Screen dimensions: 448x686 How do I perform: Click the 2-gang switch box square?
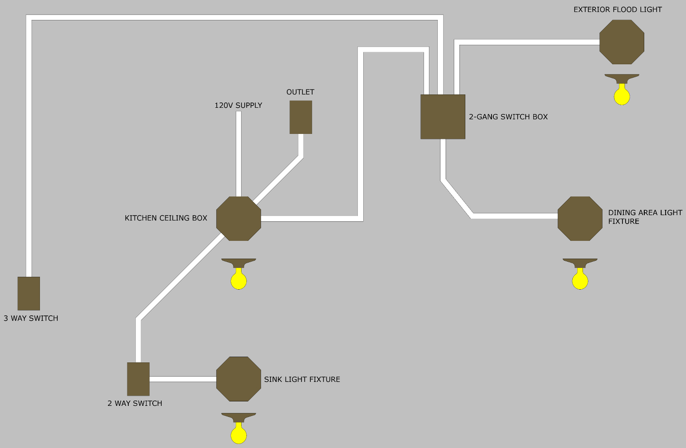tap(443, 117)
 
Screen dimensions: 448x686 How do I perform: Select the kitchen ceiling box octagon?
tap(238, 219)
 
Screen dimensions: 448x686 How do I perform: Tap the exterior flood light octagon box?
tap(622, 42)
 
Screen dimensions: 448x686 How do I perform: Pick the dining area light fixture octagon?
tap(580, 219)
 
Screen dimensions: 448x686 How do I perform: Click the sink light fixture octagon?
tap(238, 379)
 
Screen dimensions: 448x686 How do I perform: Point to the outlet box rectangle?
tap(301, 117)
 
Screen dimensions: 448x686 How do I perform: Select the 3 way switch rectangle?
tap(29, 293)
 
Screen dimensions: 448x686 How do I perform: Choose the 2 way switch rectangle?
tap(138, 379)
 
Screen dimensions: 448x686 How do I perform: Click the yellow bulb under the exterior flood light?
tap(622, 96)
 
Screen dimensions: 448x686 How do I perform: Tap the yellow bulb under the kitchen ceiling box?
tap(238, 280)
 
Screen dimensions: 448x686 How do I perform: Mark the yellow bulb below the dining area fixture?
tap(580, 280)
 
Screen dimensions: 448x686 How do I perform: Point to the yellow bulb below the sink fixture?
tap(238, 435)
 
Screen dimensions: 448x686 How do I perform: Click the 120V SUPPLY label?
tap(238, 106)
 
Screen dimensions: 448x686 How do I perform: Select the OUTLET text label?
tap(300, 92)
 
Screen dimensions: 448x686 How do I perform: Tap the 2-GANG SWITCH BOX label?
tap(508, 117)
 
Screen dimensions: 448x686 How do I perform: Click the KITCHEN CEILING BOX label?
tap(166, 218)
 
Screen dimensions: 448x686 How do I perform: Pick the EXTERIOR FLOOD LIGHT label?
tap(618, 10)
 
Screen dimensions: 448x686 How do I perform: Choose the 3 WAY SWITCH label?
tap(31, 318)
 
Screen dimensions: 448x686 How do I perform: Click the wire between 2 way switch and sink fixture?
tap(182, 379)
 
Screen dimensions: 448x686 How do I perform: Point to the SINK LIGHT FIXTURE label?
tap(302, 380)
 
